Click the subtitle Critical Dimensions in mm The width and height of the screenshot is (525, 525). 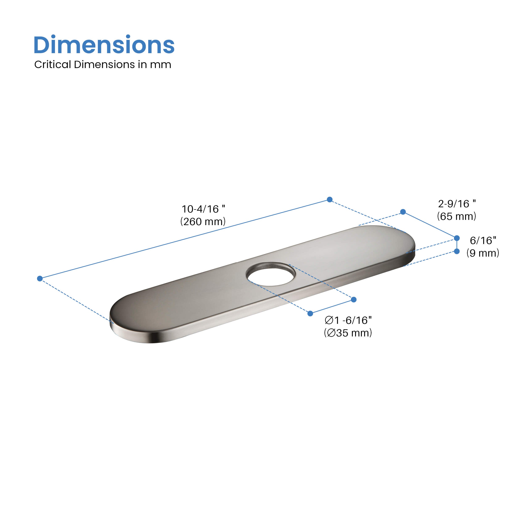[x=103, y=65]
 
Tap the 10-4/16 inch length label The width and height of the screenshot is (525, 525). [x=203, y=209]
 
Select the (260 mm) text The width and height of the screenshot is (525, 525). [x=203, y=222]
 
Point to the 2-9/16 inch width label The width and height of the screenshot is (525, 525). [x=457, y=203]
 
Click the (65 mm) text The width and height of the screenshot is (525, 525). [x=457, y=216]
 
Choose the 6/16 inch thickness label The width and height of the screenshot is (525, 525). [x=483, y=240]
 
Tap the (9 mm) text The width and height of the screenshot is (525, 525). [x=483, y=253]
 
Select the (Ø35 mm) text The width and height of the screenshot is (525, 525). [x=348, y=333]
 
